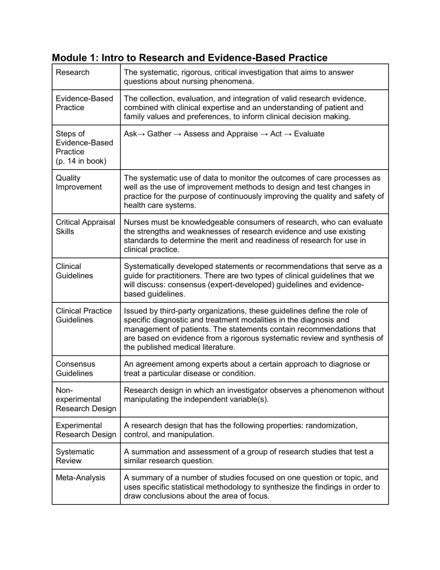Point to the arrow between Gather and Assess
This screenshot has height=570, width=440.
tap(179, 134)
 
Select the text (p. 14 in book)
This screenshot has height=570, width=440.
tap(85, 161)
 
